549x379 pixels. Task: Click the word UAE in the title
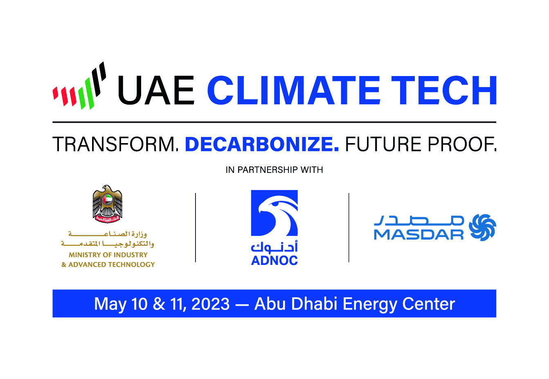156,90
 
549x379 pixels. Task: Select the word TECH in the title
444,90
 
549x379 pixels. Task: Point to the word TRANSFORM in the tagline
116,144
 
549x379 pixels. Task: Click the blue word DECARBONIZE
261,144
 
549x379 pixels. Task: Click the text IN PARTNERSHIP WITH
274,170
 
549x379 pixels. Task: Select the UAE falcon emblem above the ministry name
108,204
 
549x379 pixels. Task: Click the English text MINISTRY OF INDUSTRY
108,255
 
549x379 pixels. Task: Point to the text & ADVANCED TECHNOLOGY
108,265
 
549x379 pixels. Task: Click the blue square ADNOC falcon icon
274,213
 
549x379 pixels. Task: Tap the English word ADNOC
274,260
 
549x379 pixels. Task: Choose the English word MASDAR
418,234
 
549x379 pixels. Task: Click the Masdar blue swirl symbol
482,227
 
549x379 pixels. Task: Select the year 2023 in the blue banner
210,304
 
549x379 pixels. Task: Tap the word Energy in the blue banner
370,304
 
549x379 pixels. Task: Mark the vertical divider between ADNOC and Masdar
349,227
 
